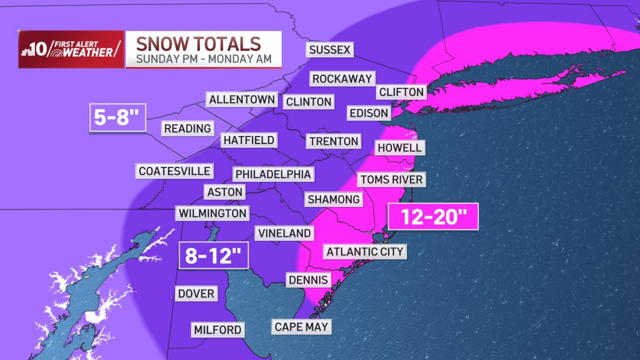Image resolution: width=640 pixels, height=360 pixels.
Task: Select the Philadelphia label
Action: point(273,174)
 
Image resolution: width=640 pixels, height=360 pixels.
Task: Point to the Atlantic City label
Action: point(365,251)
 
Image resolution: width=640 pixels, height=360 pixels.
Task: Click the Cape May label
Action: point(301,326)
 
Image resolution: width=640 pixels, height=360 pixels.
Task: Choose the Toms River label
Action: point(391,179)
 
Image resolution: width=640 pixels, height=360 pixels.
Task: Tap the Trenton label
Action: point(333,141)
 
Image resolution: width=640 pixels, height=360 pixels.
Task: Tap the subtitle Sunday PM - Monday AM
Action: point(203,59)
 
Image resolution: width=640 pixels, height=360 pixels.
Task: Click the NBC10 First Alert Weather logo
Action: point(71,49)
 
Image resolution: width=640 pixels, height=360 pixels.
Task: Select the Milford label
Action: point(218,330)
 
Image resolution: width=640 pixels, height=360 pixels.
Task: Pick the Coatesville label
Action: point(174,171)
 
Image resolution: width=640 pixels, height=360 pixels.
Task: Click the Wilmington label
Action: point(213,213)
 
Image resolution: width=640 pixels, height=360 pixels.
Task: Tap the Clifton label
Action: point(401,92)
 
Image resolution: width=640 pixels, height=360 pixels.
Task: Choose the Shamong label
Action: point(334,199)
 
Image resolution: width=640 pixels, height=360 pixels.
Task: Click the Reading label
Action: point(188,129)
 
